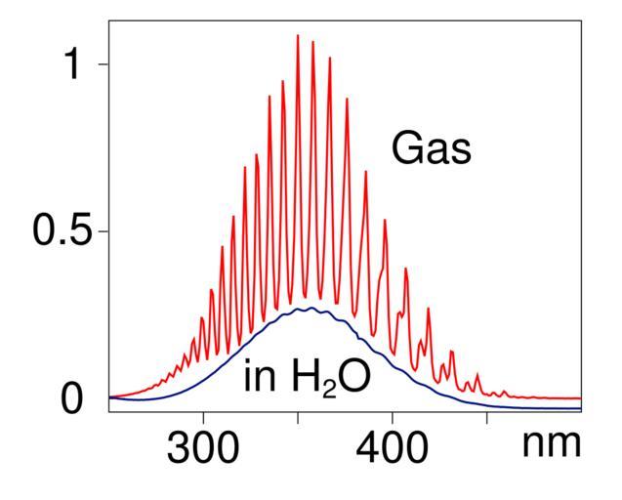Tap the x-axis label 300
(x=203, y=450)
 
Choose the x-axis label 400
(x=393, y=450)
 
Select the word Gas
(x=431, y=149)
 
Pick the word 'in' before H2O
(x=259, y=377)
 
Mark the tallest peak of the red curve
(x=298, y=36)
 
